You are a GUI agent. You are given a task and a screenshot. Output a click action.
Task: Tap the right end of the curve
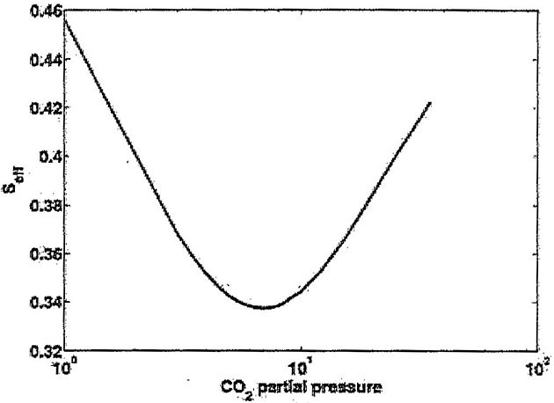point(430,103)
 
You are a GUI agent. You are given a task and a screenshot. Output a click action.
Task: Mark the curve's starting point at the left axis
point(65,18)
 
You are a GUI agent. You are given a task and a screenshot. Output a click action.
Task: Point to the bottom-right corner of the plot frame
point(537,350)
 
